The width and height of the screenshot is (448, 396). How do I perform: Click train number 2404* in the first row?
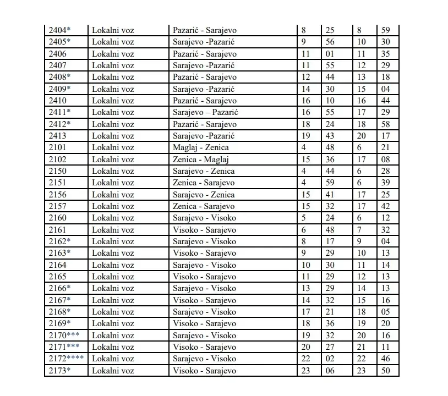coord(60,30)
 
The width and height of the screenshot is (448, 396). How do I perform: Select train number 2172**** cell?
coord(65,359)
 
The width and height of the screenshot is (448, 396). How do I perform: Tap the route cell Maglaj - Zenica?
coord(200,147)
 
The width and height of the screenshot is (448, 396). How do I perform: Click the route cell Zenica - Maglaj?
coord(200,159)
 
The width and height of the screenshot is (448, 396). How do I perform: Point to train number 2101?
coord(58,147)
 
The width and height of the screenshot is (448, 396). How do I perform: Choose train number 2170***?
coord(64,335)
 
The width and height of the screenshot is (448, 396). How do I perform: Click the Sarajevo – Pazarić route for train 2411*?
coord(205,112)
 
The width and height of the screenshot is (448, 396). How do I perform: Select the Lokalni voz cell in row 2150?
coord(113,171)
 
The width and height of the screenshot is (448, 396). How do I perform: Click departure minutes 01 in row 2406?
coord(330,54)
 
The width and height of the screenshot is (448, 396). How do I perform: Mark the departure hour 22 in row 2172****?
coord(306,359)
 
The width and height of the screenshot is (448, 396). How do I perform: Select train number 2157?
coord(58,206)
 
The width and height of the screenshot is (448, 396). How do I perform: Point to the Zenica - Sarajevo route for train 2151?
coord(203,183)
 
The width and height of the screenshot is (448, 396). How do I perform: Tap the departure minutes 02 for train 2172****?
coord(330,359)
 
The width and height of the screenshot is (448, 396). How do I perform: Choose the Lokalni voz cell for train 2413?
coord(113,136)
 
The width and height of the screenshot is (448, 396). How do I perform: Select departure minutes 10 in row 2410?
coord(330,101)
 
